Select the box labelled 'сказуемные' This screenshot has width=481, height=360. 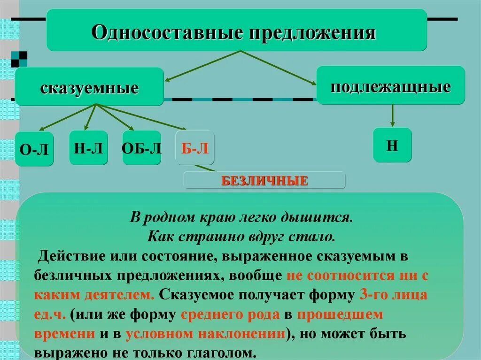pos(89,87)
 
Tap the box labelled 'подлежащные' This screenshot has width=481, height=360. pos(390,85)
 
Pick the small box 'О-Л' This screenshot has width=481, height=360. pos(34,149)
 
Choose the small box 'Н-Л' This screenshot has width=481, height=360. pos(88,147)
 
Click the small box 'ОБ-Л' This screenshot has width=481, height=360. pos(141,148)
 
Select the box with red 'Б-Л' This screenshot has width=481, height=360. pos(194,148)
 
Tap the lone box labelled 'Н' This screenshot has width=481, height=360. pos(392,145)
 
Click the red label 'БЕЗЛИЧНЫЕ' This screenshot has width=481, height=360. pos(264,180)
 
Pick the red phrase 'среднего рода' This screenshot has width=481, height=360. pos(230,314)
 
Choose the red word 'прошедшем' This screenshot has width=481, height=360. pos(340,314)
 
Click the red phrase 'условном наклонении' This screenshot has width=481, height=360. pos(206,334)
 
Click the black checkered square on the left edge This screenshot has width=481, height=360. pos(19,59)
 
